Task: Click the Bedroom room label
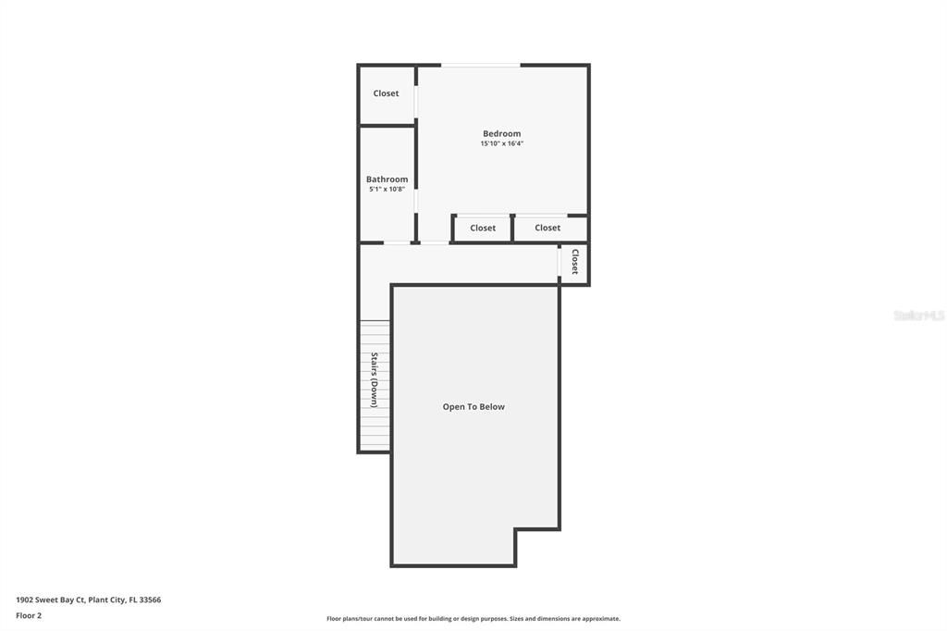point(501,133)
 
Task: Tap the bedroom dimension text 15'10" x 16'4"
point(501,143)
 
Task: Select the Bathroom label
point(387,179)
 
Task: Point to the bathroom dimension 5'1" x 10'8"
point(387,189)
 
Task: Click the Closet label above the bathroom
point(386,93)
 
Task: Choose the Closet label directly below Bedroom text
point(483,228)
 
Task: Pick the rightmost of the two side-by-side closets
point(547,228)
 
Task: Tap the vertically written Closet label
point(574,262)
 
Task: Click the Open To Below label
point(473,407)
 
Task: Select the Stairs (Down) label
point(375,379)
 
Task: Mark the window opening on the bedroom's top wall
point(480,65)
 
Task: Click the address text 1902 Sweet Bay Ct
point(50,600)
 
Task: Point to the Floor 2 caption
point(29,615)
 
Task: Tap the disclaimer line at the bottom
point(473,619)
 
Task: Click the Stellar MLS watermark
point(918,315)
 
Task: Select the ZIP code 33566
point(150,600)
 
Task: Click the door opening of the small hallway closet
point(560,263)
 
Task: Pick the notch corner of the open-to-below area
point(516,530)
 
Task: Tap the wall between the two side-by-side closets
point(512,228)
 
